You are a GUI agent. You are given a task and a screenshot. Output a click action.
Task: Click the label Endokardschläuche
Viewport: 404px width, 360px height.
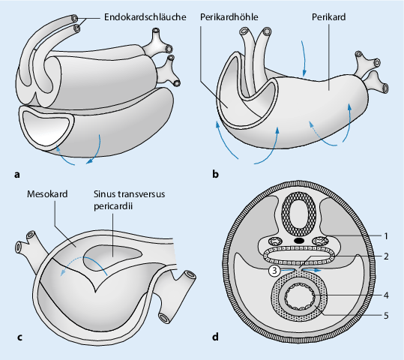click(x=145, y=17)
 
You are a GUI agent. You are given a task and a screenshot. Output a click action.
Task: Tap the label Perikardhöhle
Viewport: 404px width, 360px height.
click(x=229, y=17)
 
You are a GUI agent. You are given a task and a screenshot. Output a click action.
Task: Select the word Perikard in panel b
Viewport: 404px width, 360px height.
click(x=328, y=17)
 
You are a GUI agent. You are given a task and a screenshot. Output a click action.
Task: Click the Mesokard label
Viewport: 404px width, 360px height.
click(x=47, y=194)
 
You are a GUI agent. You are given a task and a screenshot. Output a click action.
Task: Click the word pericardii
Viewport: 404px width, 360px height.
click(x=113, y=206)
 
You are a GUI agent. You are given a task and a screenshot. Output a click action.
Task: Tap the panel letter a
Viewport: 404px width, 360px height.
click(x=17, y=175)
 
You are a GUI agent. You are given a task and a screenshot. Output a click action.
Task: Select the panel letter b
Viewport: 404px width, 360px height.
click(x=215, y=174)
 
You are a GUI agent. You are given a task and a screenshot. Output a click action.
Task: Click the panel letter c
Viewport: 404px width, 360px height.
click(x=19, y=337)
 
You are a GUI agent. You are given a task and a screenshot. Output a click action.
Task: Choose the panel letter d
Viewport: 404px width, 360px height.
click(x=215, y=336)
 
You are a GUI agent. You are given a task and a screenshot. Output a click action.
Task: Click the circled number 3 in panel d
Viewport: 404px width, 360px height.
click(x=274, y=271)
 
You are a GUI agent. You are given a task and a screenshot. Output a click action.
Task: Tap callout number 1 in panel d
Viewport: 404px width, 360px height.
click(x=386, y=236)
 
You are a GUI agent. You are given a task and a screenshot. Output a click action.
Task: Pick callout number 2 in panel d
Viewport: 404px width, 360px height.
click(x=386, y=256)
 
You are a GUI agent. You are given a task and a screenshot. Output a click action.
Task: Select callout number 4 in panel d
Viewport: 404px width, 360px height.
click(x=386, y=295)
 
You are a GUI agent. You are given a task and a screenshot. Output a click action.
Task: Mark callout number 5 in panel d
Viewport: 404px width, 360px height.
click(x=386, y=316)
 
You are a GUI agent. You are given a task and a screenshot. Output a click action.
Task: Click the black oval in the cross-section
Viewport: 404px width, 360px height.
click(x=299, y=241)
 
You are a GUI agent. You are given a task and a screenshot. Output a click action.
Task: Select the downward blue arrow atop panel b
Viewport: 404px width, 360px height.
click(x=304, y=58)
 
